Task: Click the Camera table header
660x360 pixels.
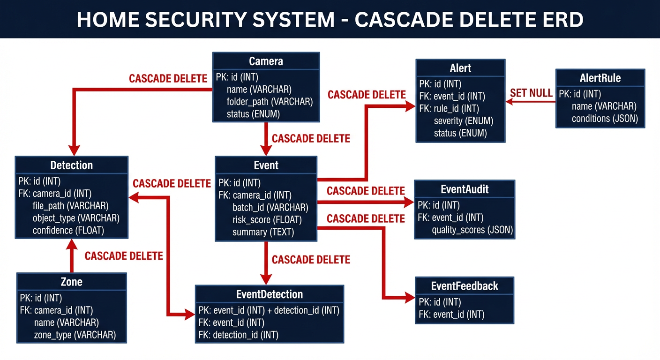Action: pos(266,61)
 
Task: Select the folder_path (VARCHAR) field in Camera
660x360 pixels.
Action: pos(270,101)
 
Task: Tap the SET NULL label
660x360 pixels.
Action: pos(531,93)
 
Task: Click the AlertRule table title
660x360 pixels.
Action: pos(600,78)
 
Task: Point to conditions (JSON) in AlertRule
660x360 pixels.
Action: pos(605,119)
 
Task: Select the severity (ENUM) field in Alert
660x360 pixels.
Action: pos(463,121)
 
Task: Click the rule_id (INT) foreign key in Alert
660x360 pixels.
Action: pos(449,109)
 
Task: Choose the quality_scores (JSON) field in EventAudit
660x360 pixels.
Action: pos(472,230)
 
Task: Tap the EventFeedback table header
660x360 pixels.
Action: pos(465,286)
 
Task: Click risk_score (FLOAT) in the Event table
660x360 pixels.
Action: pos(267,219)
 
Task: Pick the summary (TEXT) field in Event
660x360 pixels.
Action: pos(263,232)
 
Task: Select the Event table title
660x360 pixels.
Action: pos(266,165)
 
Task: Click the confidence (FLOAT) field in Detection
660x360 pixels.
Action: pos(68,230)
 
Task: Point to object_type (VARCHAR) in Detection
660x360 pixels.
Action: pos(76,218)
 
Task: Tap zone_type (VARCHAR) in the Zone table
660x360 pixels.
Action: pos(75,335)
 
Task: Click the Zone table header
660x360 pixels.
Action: pos(71,282)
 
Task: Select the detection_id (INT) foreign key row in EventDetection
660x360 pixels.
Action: pos(239,335)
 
